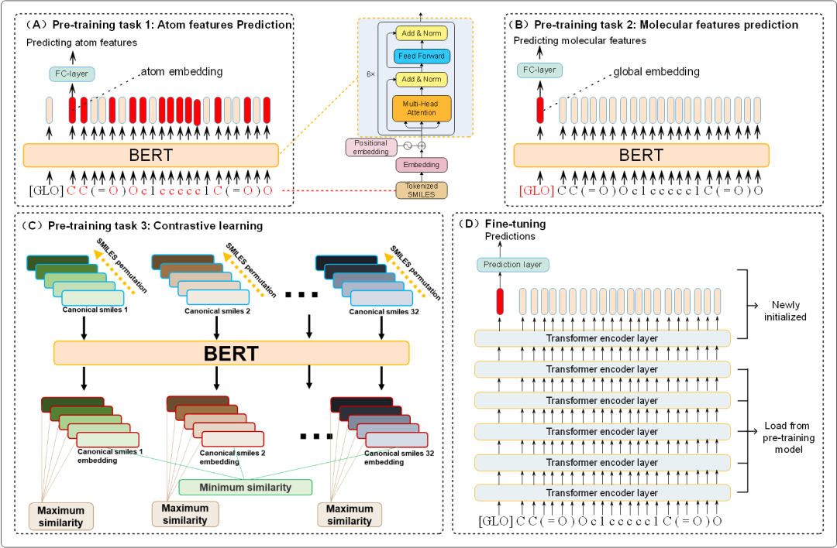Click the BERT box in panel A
point(150,155)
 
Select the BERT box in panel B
point(641,155)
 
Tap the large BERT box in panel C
point(231,354)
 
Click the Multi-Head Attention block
point(421,108)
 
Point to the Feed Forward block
point(421,56)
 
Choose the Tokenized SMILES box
point(421,189)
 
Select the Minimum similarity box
point(245,487)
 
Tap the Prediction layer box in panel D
point(512,265)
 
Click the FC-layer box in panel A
point(69,74)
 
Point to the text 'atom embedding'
point(182,72)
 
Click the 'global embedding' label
point(656,72)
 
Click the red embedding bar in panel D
point(500,303)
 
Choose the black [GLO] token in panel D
point(496,521)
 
